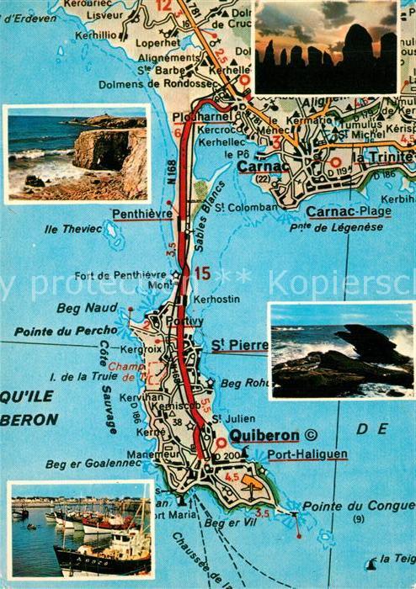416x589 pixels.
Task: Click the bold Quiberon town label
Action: point(264,435)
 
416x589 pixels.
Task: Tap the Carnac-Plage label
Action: point(348,211)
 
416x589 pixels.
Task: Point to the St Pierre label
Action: point(239,345)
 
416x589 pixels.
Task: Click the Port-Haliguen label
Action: point(307,455)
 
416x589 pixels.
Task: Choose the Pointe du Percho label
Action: point(54,332)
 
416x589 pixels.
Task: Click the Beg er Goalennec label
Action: point(82,463)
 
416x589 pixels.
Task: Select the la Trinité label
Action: point(383,157)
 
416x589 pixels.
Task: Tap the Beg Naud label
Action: point(80,309)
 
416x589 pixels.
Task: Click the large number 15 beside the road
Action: point(202,273)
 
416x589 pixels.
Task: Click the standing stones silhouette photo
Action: point(326,47)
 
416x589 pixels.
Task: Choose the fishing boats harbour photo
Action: point(81,530)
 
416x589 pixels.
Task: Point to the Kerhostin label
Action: point(216,299)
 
